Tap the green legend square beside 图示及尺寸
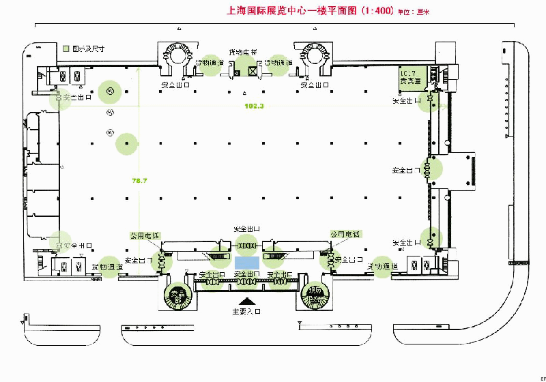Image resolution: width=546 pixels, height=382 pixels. point(66,49)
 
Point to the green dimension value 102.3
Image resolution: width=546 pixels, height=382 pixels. point(254,106)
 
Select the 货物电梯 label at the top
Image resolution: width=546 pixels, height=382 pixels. point(243,53)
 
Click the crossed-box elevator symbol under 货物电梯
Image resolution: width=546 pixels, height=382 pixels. point(253,70)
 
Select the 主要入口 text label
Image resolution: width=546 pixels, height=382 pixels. point(246,311)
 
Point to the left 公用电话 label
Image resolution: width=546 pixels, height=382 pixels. point(145,235)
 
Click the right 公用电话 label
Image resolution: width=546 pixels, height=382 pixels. point(345,233)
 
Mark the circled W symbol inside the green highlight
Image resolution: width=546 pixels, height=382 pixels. point(109,90)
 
